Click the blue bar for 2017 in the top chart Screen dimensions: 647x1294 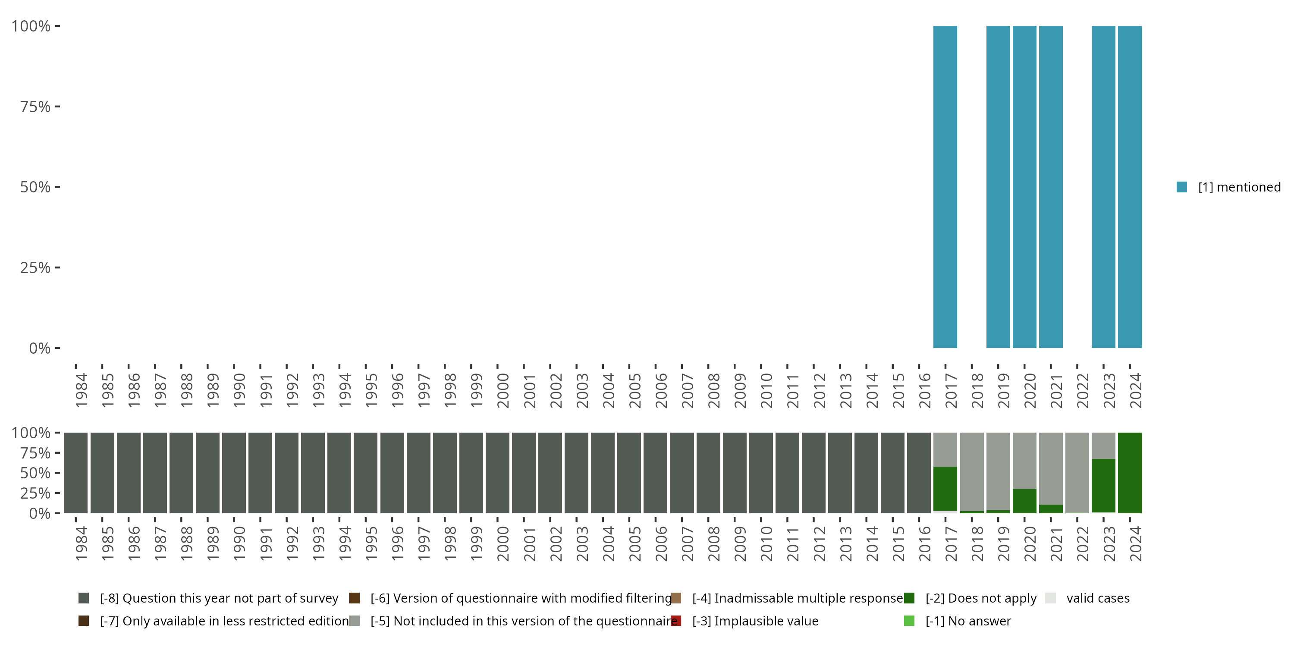click(945, 187)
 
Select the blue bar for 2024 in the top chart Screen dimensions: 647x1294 click(1129, 187)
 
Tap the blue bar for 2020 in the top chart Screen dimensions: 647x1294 click(1024, 187)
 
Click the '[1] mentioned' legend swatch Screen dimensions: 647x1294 click(1181, 187)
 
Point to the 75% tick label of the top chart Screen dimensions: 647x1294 click(35, 107)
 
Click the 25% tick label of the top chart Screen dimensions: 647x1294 click(35, 268)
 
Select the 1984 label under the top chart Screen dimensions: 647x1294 click(81, 390)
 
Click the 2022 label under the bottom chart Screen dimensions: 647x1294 click(1082, 544)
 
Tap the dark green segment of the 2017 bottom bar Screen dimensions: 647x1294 click(945, 488)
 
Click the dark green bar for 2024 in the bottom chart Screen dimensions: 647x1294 click(1129, 473)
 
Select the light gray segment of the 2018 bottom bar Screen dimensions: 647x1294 click(971, 471)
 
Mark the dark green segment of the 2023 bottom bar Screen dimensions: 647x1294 click(1103, 485)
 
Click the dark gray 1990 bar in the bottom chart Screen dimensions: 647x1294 click(234, 473)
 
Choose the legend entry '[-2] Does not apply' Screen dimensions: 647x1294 click(980, 598)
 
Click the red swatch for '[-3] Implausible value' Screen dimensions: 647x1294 click(676, 621)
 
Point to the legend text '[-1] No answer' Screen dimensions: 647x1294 click(968, 621)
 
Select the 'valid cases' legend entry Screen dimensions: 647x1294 click(1098, 598)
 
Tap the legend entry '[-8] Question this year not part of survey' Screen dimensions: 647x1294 click(219, 598)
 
